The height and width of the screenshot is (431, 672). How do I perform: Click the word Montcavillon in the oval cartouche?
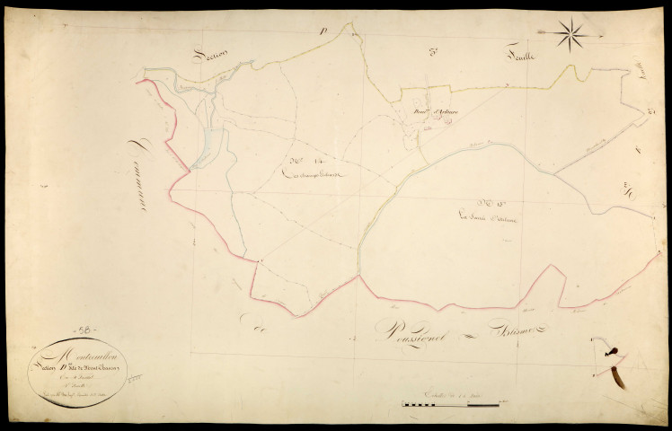click(x=69, y=346)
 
